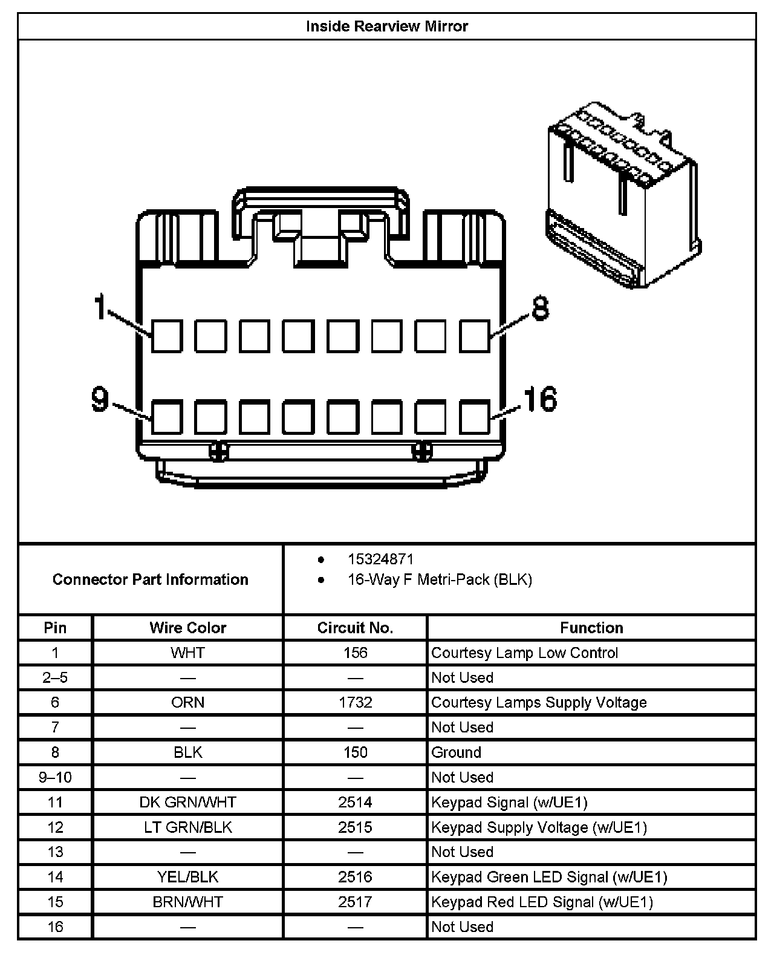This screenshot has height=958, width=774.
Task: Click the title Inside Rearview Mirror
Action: click(x=386, y=26)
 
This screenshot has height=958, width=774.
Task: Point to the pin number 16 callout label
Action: click(x=539, y=399)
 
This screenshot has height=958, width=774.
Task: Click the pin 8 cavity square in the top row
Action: click(x=474, y=336)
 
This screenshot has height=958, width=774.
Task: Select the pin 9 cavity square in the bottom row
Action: click(x=166, y=417)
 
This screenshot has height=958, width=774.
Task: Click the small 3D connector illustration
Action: click(x=623, y=194)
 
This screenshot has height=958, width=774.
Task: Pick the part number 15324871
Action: click(x=380, y=559)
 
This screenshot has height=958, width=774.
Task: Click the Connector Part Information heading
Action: click(x=150, y=579)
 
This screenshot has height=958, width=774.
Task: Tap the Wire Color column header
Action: click(x=187, y=628)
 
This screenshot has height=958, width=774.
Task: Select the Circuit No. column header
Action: click(x=355, y=628)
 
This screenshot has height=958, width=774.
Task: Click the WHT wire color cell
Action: click(x=187, y=653)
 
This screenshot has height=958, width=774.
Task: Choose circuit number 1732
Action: click(x=355, y=703)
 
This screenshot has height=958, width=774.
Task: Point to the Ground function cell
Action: click(x=457, y=752)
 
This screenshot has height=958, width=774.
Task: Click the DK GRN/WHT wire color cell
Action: click(x=187, y=803)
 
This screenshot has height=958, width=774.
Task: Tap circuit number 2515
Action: click(x=355, y=827)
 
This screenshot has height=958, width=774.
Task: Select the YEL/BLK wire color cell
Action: click(x=187, y=877)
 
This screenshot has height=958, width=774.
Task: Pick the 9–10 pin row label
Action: click(x=55, y=777)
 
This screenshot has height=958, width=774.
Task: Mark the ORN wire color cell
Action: click(x=187, y=703)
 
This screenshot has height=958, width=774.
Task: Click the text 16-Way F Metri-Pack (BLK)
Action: click(x=440, y=580)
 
